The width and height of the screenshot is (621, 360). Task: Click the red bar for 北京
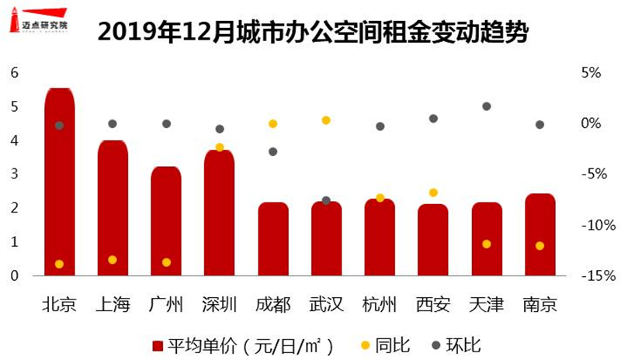coord(59,182)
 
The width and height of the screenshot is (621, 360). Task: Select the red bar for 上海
coord(113,208)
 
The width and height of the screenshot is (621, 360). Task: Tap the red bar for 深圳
coord(219,213)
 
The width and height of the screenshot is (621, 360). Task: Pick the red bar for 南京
coord(539,234)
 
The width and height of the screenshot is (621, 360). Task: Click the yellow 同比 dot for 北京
coord(59,265)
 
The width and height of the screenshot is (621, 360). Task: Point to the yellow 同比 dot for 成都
coord(272,124)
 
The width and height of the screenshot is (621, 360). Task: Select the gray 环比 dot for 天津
coord(487,106)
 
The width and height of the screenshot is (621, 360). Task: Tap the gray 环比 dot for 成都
coord(272,151)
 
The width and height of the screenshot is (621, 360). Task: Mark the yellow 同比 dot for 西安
coord(433,192)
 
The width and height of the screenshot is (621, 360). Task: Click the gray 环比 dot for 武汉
coord(326,201)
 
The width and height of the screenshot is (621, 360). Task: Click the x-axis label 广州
coord(166,303)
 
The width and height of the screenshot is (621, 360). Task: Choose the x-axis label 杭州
coord(380,303)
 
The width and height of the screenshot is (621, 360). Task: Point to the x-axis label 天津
coord(487,303)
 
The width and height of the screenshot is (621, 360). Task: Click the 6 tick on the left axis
coord(13,73)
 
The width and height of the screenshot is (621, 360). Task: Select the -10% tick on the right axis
coord(592,225)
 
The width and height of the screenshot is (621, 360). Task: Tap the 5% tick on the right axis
coord(592,73)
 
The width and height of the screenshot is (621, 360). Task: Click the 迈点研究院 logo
coord(40,23)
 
